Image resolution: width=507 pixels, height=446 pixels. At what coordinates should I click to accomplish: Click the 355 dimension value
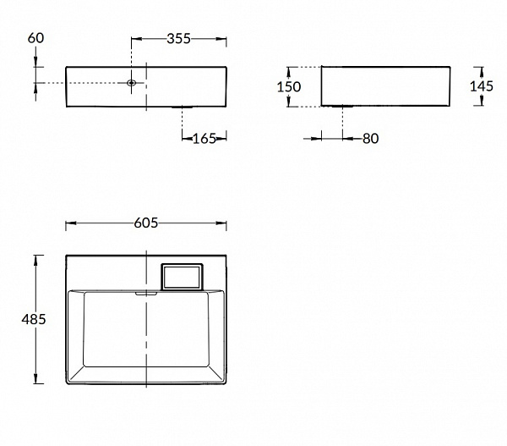click(178, 39)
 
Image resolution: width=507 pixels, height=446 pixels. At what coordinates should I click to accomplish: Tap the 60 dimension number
click(35, 38)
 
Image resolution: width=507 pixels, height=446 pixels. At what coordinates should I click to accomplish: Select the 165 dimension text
click(204, 139)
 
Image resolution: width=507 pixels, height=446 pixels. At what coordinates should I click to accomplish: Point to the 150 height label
click(289, 86)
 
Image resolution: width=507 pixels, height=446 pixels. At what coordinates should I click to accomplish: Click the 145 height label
click(482, 86)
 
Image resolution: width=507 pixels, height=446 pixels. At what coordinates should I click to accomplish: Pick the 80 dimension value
click(371, 139)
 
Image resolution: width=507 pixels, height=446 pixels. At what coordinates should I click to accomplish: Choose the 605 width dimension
click(146, 223)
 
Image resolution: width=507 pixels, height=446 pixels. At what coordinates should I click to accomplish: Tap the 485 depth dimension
click(34, 319)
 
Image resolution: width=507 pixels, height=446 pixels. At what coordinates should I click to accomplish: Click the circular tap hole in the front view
click(131, 83)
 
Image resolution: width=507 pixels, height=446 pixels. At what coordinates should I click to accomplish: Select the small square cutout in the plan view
click(182, 277)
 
